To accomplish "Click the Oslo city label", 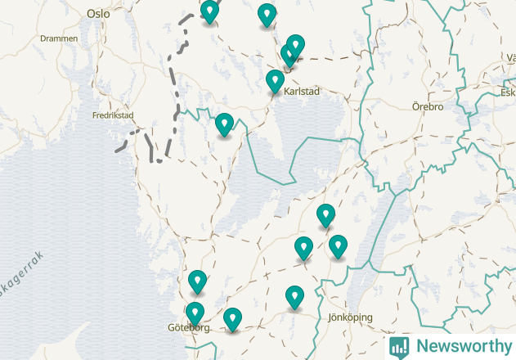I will tap(97, 14).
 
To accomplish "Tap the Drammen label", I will tap(58, 38).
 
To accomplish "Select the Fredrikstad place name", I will tap(112, 115).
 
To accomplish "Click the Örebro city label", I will tap(427, 107).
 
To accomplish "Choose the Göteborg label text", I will tap(189, 327).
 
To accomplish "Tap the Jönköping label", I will tap(349, 317).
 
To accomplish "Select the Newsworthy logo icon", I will tap(399, 346).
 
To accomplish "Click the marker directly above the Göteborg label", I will tap(195, 313).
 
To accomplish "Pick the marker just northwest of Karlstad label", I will tap(275, 81).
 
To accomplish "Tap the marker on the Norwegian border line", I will tap(210, 11).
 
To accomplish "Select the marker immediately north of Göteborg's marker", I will tap(197, 281).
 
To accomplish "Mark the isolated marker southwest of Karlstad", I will tap(224, 124).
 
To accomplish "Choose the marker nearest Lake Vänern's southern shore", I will tap(325, 215).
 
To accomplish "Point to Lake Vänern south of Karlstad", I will tap(286, 131).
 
